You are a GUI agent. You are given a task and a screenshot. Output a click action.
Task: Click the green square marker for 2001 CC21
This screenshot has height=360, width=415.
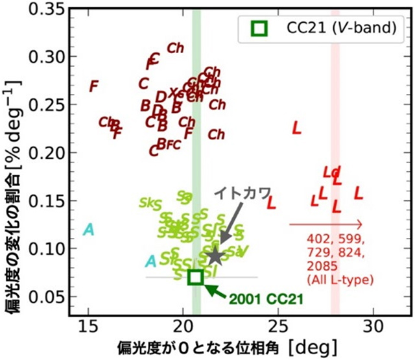[x=195, y=277]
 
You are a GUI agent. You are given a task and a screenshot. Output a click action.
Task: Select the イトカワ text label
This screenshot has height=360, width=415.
[x=239, y=193]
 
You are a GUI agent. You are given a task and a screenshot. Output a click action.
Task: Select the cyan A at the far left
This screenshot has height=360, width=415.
[x=89, y=230]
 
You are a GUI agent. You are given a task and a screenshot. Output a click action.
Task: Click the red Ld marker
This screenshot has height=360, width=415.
[x=331, y=173]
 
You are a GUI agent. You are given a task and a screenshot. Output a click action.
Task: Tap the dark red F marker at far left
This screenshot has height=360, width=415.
[x=94, y=86]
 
